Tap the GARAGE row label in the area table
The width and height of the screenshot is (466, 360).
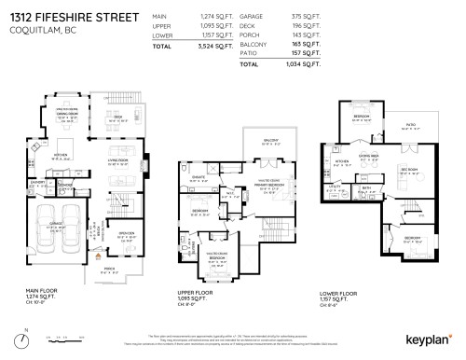coord(252,17)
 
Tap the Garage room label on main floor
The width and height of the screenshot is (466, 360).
coord(54,227)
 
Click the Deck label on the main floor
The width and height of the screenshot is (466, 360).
coord(118,117)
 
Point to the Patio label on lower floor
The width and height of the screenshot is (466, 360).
coord(409,122)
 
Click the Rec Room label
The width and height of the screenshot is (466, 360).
coord(407,170)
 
